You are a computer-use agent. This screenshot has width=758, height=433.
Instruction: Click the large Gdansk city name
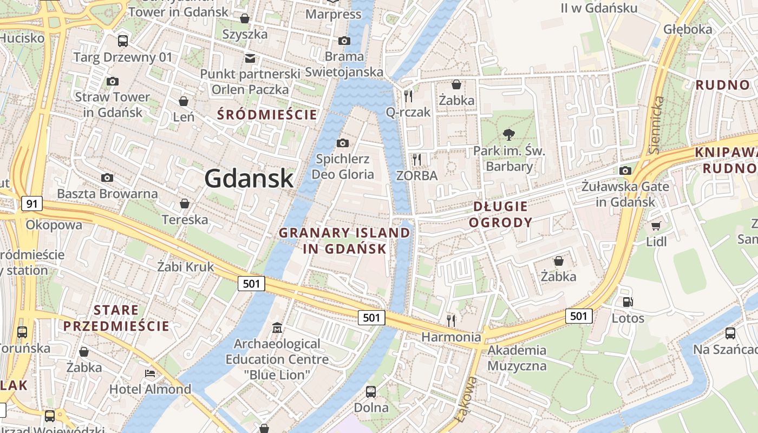[x=249, y=179]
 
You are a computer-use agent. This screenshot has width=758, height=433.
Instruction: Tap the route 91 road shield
[x=32, y=204]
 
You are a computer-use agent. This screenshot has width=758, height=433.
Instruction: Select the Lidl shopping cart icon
[x=656, y=226]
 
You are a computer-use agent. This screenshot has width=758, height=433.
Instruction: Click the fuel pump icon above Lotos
[x=628, y=302]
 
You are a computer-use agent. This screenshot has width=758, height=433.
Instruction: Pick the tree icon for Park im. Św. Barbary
[x=508, y=134]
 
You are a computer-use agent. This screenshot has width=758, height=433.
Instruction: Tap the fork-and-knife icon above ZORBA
[x=416, y=159]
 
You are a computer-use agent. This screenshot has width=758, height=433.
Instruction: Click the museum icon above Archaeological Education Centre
[x=277, y=327]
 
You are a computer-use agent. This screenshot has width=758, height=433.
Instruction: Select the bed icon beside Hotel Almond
[x=150, y=373]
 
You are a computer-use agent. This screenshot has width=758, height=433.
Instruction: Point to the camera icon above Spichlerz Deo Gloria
[x=342, y=143]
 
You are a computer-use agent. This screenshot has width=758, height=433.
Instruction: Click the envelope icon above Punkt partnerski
[x=250, y=58]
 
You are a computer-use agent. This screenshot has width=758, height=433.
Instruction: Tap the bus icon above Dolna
[x=371, y=391]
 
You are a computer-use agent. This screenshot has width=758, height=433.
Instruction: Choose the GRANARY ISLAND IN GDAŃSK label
[x=344, y=241]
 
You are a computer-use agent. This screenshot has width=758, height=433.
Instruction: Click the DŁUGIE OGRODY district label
[x=500, y=214]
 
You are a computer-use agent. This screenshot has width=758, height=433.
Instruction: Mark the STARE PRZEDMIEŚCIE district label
[x=116, y=318]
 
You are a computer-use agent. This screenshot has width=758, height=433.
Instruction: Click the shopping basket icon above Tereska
[x=184, y=204]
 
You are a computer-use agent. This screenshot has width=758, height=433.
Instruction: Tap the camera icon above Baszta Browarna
[x=107, y=178]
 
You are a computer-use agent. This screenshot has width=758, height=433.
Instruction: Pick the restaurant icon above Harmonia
[x=451, y=320]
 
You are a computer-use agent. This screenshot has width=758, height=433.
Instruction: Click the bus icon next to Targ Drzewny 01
[x=123, y=41]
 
